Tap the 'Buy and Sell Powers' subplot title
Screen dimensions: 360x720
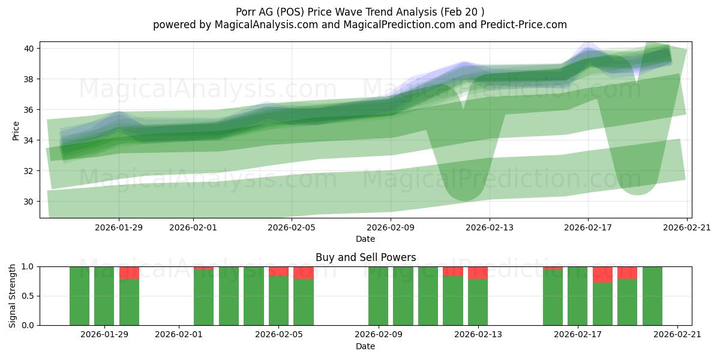(x=365, y=257)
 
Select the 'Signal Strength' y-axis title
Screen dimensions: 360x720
(x=13, y=295)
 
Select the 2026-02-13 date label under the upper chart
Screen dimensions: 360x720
(x=490, y=227)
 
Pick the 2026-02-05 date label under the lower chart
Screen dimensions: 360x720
(x=278, y=335)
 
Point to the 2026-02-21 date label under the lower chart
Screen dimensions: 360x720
(x=677, y=335)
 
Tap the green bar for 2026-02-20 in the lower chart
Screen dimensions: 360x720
(x=652, y=296)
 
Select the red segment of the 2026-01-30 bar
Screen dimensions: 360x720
(x=129, y=273)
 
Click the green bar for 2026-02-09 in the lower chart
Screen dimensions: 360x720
(x=378, y=296)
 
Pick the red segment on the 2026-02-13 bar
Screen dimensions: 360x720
(x=478, y=273)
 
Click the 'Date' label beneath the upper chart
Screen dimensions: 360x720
(x=365, y=239)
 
